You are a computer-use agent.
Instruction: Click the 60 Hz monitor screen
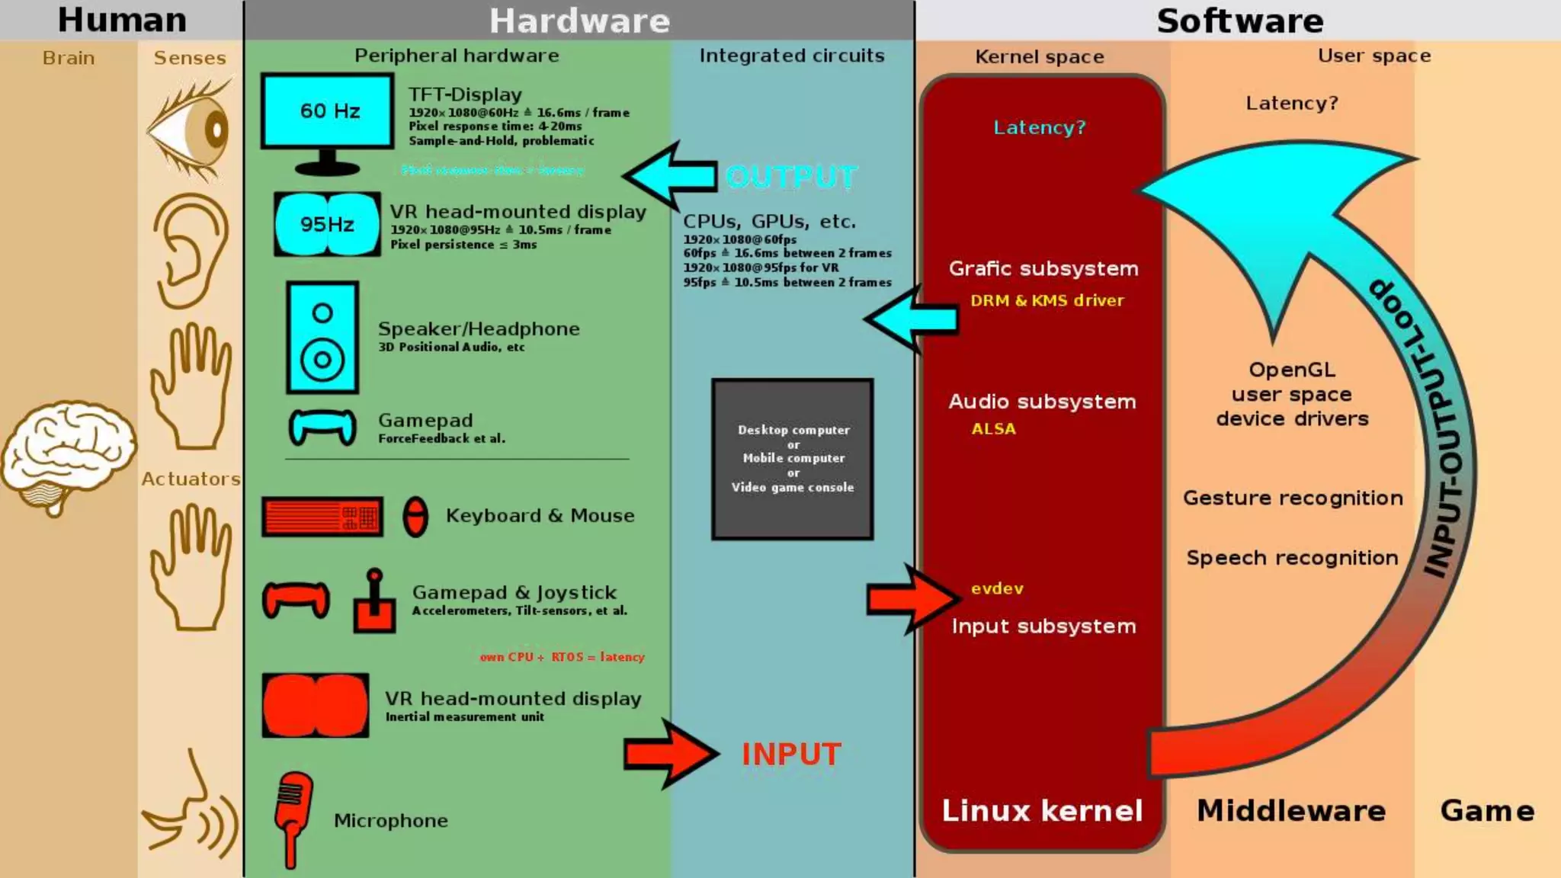(328, 111)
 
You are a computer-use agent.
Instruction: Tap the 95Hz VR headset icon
(327, 224)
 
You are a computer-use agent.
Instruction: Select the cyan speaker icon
(322, 338)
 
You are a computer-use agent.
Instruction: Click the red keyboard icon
(322, 518)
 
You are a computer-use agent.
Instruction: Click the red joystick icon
(374, 602)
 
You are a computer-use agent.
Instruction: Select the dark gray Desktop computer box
(793, 459)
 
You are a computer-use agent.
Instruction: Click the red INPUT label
(791, 755)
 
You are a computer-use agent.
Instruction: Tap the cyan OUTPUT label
(791, 177)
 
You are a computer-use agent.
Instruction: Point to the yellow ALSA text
(993, 429)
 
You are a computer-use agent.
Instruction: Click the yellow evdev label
(997, 588)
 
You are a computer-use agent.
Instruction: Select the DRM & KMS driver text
(1047, 300)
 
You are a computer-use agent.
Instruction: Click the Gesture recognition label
(1293, 498)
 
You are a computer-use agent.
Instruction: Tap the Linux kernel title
(1042, 810)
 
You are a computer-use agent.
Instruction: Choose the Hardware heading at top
(579, 21)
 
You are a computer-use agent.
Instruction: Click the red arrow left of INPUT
(669, 754)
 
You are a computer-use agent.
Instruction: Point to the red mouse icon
(415, 518)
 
